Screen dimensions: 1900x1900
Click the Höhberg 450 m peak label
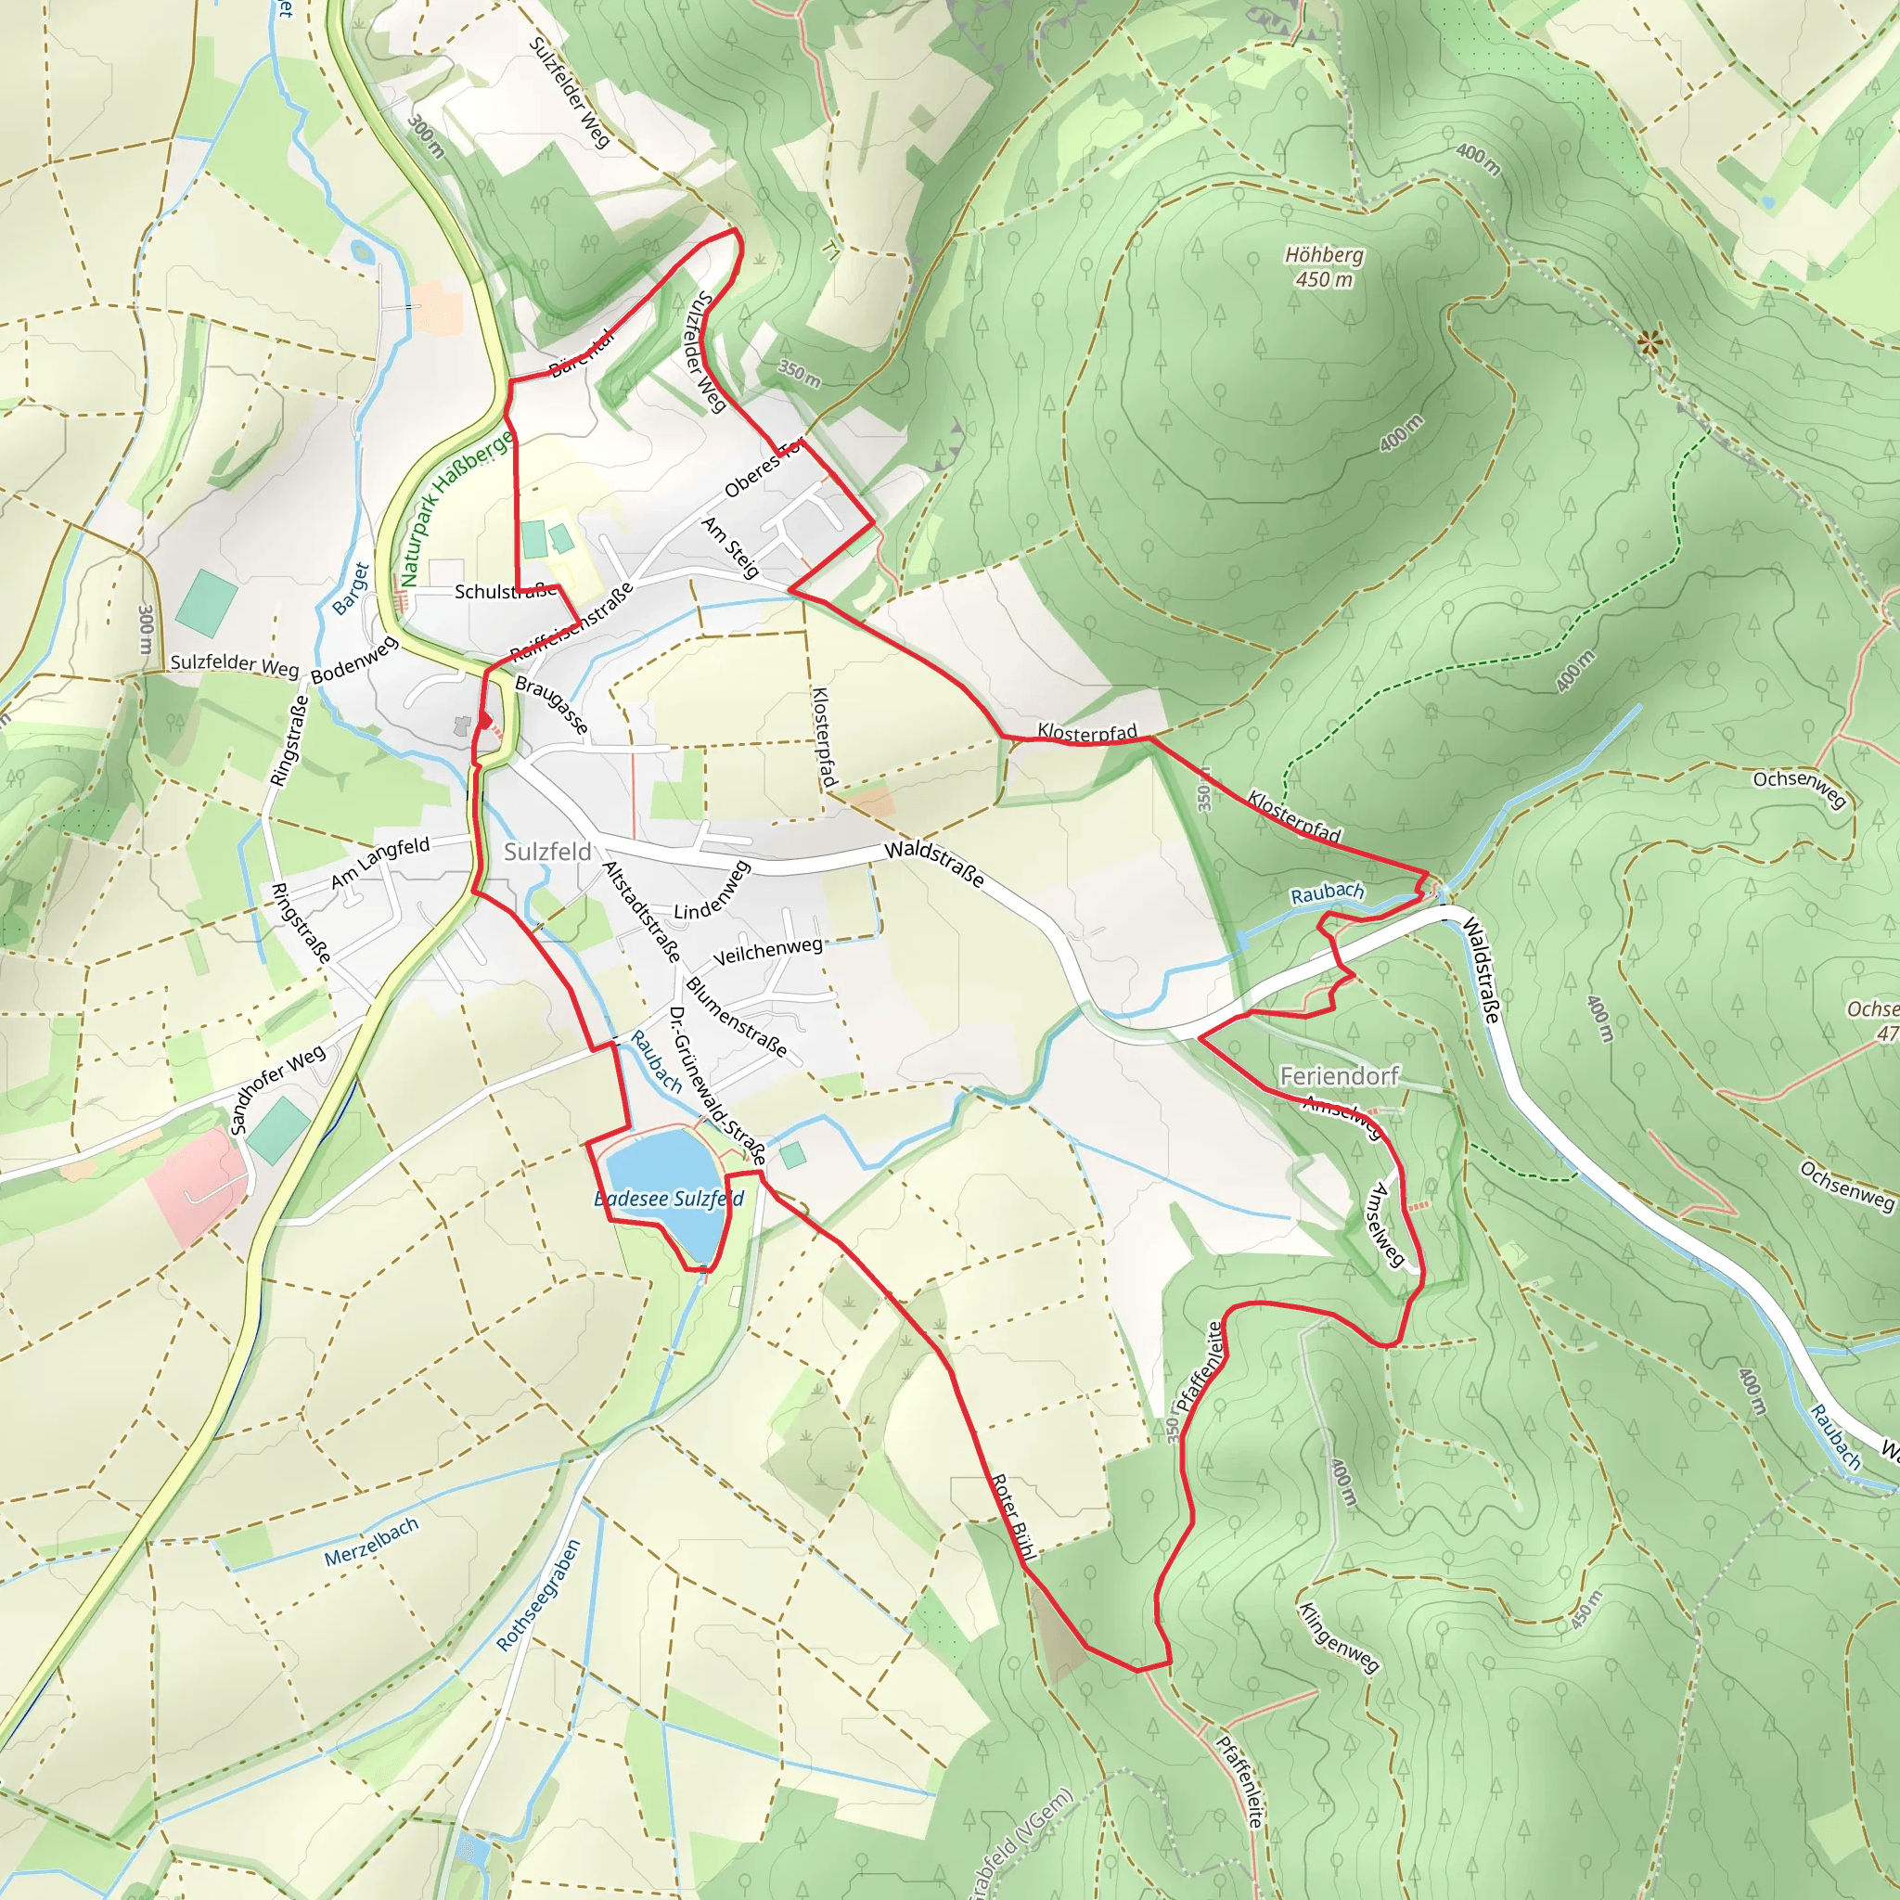coord(1324,266)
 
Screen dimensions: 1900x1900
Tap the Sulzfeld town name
coord(546,852)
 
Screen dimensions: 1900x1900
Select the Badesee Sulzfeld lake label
coord(670,1198)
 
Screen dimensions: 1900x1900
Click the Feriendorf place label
coord(1339,1076)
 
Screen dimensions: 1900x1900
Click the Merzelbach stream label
coord(372,1541)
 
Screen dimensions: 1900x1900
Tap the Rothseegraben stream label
coord(538,1595)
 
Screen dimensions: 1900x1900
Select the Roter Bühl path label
coord(1014,1516)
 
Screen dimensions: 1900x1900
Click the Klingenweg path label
coord(1339,1637)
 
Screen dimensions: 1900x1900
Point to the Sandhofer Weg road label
coord(277,1090)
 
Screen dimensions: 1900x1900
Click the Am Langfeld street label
coord(380,862)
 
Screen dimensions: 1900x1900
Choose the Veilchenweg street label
coord(767,951)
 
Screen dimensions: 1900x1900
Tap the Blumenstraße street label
coord(737,1017)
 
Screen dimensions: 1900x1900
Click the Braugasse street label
coord(552,705)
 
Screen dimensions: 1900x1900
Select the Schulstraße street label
coord(505,591)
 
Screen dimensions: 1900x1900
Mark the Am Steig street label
coord(731,547)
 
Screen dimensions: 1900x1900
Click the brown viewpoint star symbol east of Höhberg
coord(1650,343)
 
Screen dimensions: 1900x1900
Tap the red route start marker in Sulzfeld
coord(485,721)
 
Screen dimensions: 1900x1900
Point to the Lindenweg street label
coord(712,891)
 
